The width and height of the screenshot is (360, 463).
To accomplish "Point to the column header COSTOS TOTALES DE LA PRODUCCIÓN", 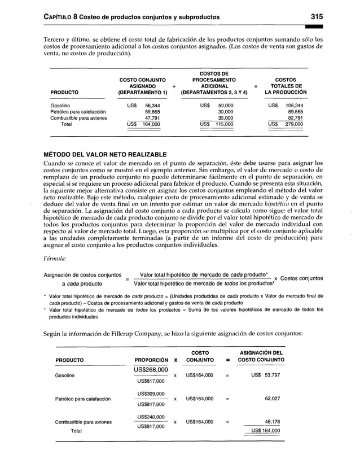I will point(286,86).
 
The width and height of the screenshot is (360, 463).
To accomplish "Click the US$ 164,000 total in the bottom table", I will point(265,431).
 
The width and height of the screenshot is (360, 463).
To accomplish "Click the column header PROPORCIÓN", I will point(151,360).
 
